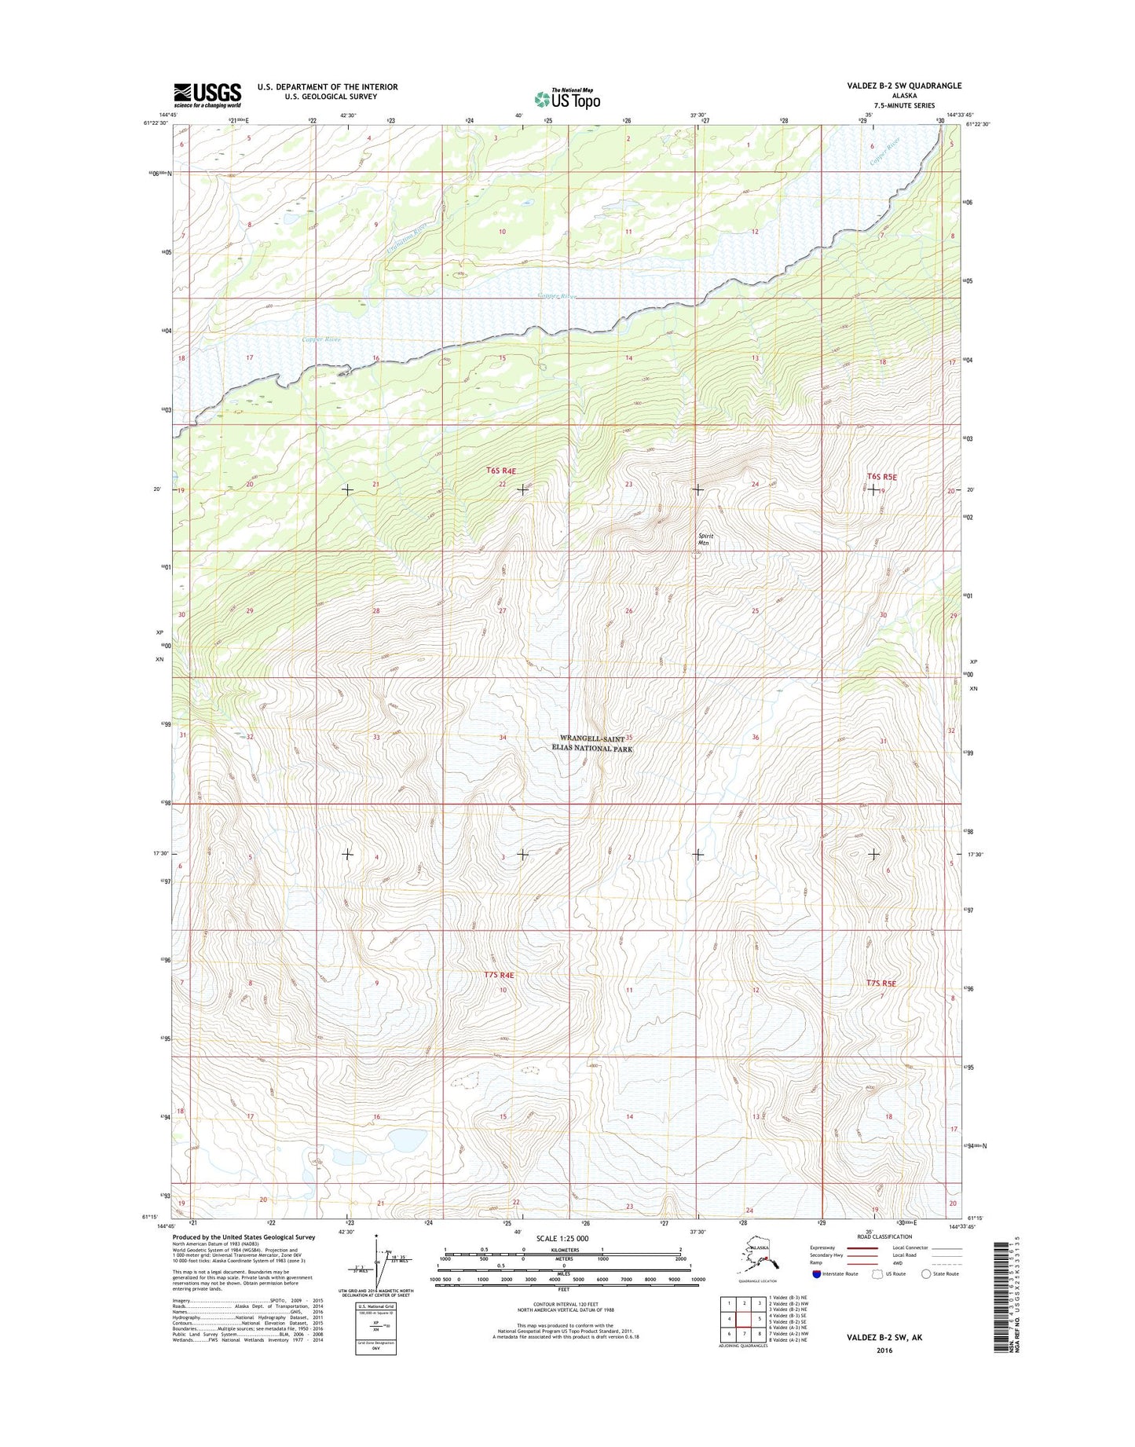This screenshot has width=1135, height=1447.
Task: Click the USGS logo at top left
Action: pos(207,95)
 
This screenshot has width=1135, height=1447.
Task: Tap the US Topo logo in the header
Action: pos(567,98)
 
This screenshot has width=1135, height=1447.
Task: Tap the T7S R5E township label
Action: pos(881,983)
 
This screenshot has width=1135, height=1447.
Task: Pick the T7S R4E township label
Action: pos(500,975)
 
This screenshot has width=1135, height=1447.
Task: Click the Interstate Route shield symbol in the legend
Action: pos(816,1273)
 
